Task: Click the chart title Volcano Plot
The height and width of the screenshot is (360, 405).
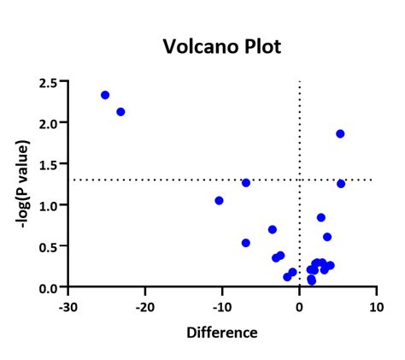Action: click(x=221, y=45)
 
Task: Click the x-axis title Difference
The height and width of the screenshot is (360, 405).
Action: click(x=222, y=332)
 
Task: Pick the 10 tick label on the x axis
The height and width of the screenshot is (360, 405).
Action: click(x=376, y=305)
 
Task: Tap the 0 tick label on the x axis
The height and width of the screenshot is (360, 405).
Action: click(x=299, y=305)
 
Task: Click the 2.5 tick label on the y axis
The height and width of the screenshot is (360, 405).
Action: click(x=50, y=82)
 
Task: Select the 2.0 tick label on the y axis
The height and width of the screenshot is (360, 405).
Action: click(x=50, y=123)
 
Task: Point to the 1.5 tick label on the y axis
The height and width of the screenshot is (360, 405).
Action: click(x=50, y=164)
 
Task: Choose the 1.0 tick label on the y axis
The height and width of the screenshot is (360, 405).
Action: click(x=50, y=205)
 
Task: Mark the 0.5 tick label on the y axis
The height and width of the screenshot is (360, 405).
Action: click(x=50, y=246)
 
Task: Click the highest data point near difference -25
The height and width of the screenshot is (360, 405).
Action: click(x=105, y=95)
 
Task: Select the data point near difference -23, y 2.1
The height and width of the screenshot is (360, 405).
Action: click(x=120, y=112)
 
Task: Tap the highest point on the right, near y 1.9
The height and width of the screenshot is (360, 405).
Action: click(x=340, y=133)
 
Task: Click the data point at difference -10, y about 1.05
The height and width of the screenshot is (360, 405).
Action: click(x=219, y=200)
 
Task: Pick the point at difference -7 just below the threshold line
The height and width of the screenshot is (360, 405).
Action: click(x=246, y=182)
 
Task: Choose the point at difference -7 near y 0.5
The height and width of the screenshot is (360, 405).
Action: click(x=246, y=243)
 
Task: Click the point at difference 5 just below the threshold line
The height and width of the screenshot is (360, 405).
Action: click(x=341, y=183)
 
